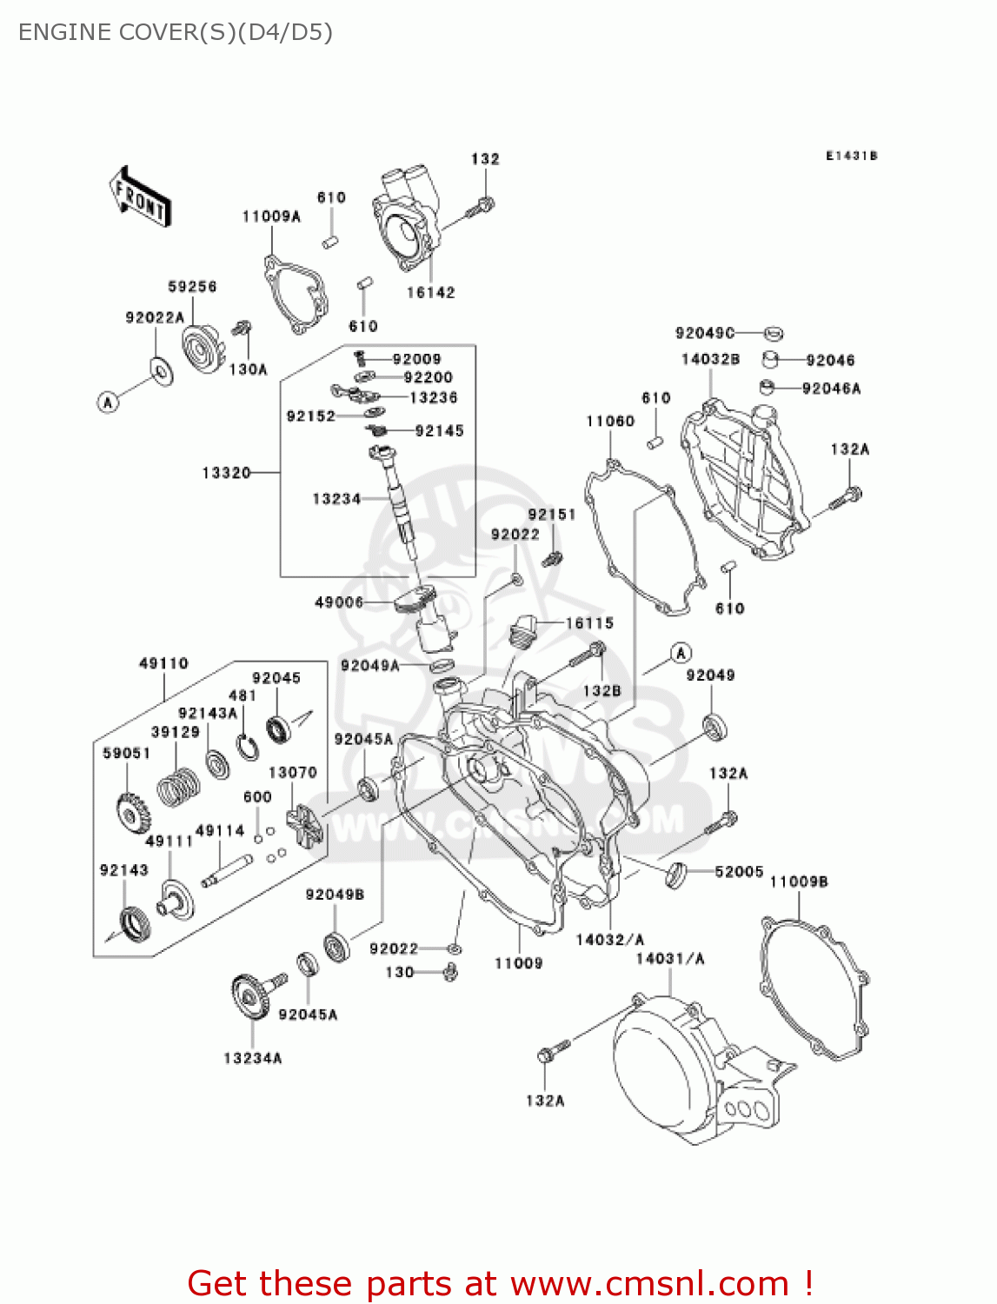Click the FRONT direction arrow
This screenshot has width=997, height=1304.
point(140,197)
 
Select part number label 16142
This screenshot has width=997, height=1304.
point(430,293)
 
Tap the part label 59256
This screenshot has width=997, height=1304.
point(192,287)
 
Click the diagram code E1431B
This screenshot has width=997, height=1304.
point(851,156)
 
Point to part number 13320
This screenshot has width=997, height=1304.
point(226,473)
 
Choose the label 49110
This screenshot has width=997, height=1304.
point(163,663)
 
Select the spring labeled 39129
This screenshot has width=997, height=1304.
point(178,786)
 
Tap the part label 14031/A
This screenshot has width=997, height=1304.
point(670,959)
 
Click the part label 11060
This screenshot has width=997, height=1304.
point(610,422)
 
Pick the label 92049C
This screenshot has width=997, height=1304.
point(705,333)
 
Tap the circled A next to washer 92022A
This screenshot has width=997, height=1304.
point(108,402)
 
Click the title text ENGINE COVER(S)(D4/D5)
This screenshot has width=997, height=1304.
point(176,32)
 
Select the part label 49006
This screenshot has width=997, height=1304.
point(338,602)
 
